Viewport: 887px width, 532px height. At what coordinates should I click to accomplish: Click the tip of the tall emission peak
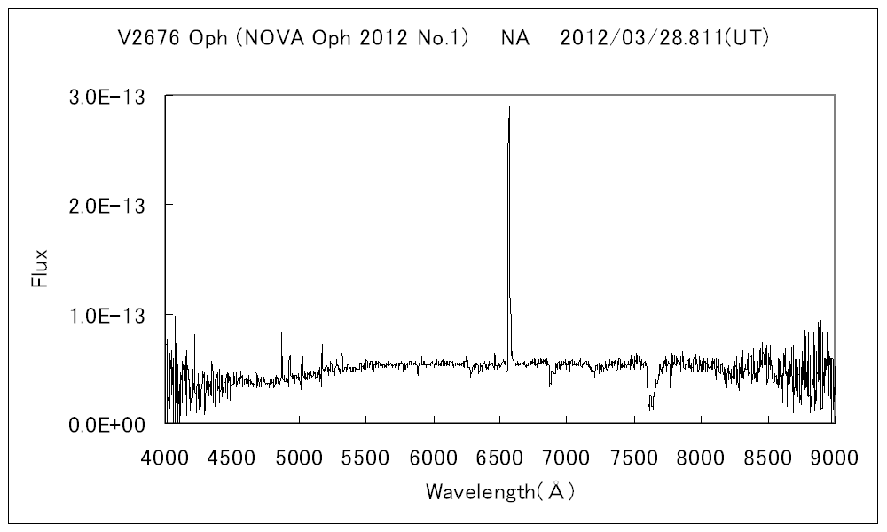509,107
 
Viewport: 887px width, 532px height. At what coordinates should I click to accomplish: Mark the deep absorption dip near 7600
650,406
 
